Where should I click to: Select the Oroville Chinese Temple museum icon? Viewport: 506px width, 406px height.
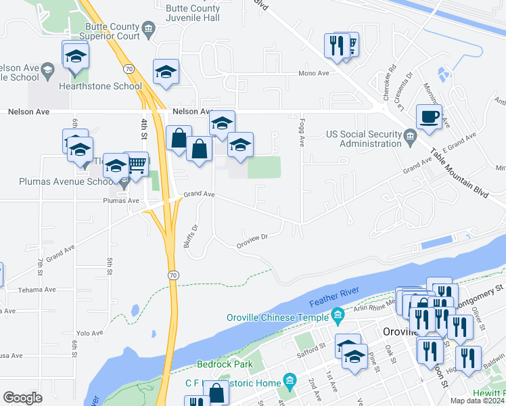[x=338, y=315]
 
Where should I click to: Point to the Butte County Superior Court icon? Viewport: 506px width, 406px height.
[x=150, y=28]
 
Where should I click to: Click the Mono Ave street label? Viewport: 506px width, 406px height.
[x=315, y=73]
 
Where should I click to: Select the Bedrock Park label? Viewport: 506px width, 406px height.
[x=225, y=365]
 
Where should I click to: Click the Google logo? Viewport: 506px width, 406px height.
[x=23, y=397]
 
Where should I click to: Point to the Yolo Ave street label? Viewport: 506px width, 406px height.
[x=89, y=332]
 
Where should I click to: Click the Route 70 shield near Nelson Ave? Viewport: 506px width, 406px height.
[x=129, y=68]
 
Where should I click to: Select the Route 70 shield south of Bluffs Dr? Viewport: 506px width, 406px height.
[x=174, y=274]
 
